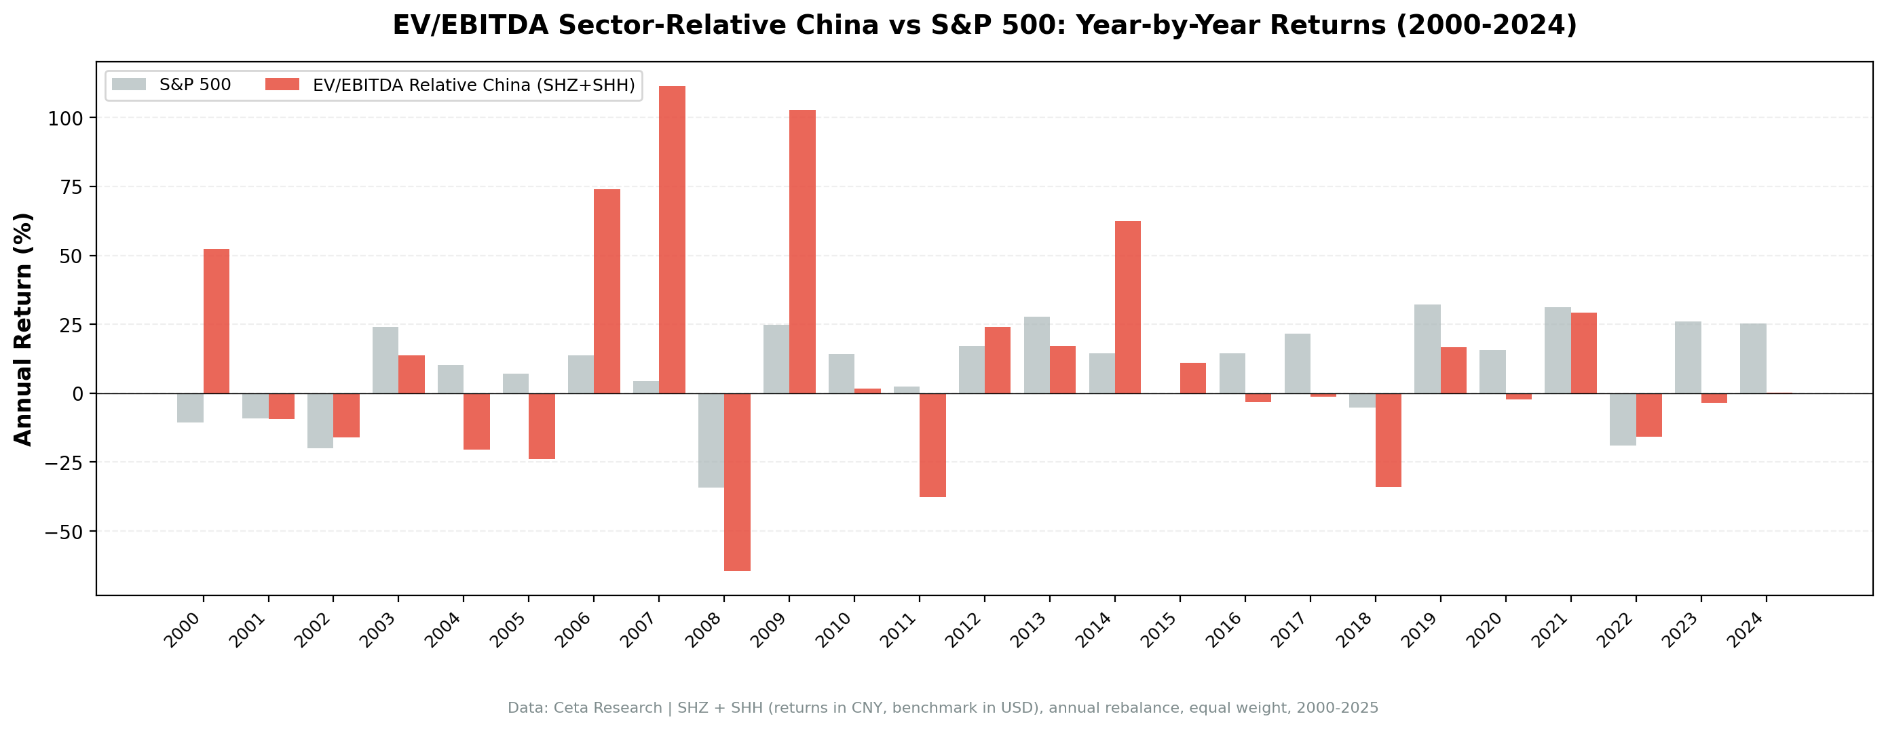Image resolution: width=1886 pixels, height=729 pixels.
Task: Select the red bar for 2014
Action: tap(1127, 307)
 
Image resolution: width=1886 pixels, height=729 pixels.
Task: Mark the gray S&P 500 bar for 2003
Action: tap(385, 359)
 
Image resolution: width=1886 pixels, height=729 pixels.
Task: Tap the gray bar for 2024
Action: tap(1753, 358)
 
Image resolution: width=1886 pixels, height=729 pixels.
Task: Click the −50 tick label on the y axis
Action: tap(64, 532)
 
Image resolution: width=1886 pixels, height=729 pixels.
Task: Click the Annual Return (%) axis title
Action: tap(24, 329)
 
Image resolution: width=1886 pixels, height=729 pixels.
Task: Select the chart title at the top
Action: tap(984, 25)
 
